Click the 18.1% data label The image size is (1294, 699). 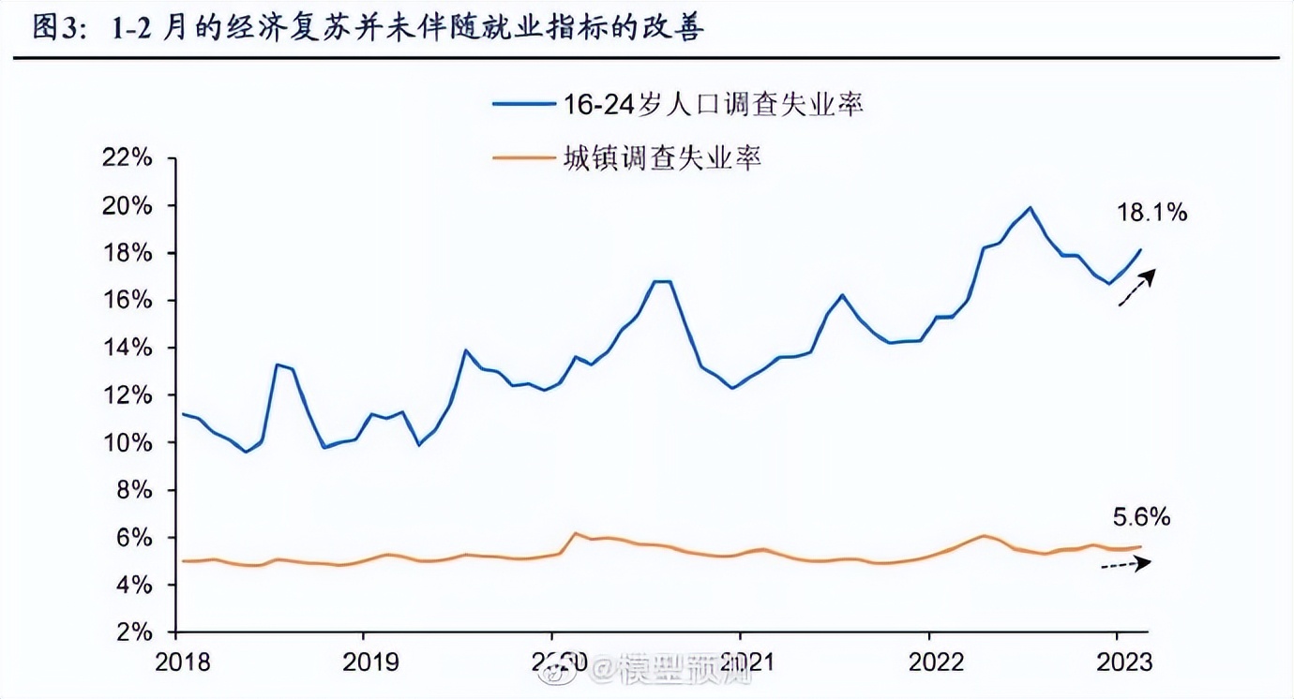[1151, 213]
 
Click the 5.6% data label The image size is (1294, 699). [1141, 517]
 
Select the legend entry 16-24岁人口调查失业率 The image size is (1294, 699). [713, 104]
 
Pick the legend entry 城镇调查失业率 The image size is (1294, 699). [661, 158]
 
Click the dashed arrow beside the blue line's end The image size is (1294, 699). [1136, 288]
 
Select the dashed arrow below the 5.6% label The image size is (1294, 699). [1125, 564]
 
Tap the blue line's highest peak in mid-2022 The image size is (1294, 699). [1030, 207]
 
